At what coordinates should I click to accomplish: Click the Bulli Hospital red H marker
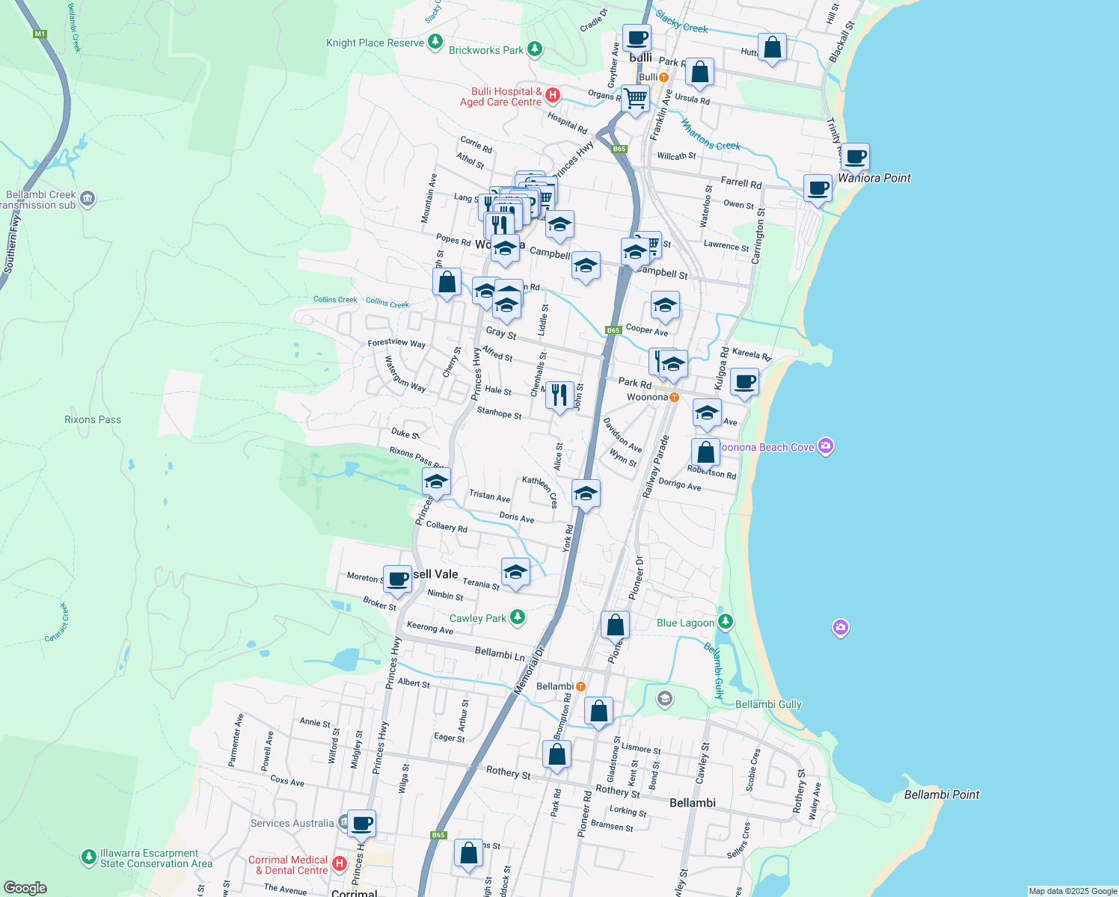click(x=553, y=95)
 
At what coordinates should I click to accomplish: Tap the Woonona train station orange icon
click(x=674, y=397)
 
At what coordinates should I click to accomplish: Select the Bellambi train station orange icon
click(x=580, y=686)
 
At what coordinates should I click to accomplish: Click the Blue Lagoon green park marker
click(x=725, y=622)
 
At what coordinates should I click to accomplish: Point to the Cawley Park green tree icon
click(x=517, y=617)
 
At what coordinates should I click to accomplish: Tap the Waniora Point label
click(x=874, y=178)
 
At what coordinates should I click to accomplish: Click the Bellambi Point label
click(x=941, y=795)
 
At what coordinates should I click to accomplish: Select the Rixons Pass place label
click(x=93, y=419)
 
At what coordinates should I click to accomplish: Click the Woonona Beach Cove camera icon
click(x=825, y=446)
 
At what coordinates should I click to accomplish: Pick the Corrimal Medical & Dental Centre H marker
click(x=339, y=864)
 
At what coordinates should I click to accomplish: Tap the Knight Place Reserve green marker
click(x=435, y=42)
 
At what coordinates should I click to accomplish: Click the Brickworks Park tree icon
click(x=534, y=49)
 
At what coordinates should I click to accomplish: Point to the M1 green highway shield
click(x=40, y=34)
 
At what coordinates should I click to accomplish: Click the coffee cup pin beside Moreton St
click(x=398, y=579)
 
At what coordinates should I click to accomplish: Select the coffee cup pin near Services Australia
click(x=361, y=823)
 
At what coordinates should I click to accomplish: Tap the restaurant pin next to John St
click(x=559, y=395)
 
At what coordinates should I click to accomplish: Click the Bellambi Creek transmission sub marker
click(x=87, y=198)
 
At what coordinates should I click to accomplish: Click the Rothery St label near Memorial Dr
click(x=508, y=772)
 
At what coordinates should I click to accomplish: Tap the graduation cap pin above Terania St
click(x=515, y=573)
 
